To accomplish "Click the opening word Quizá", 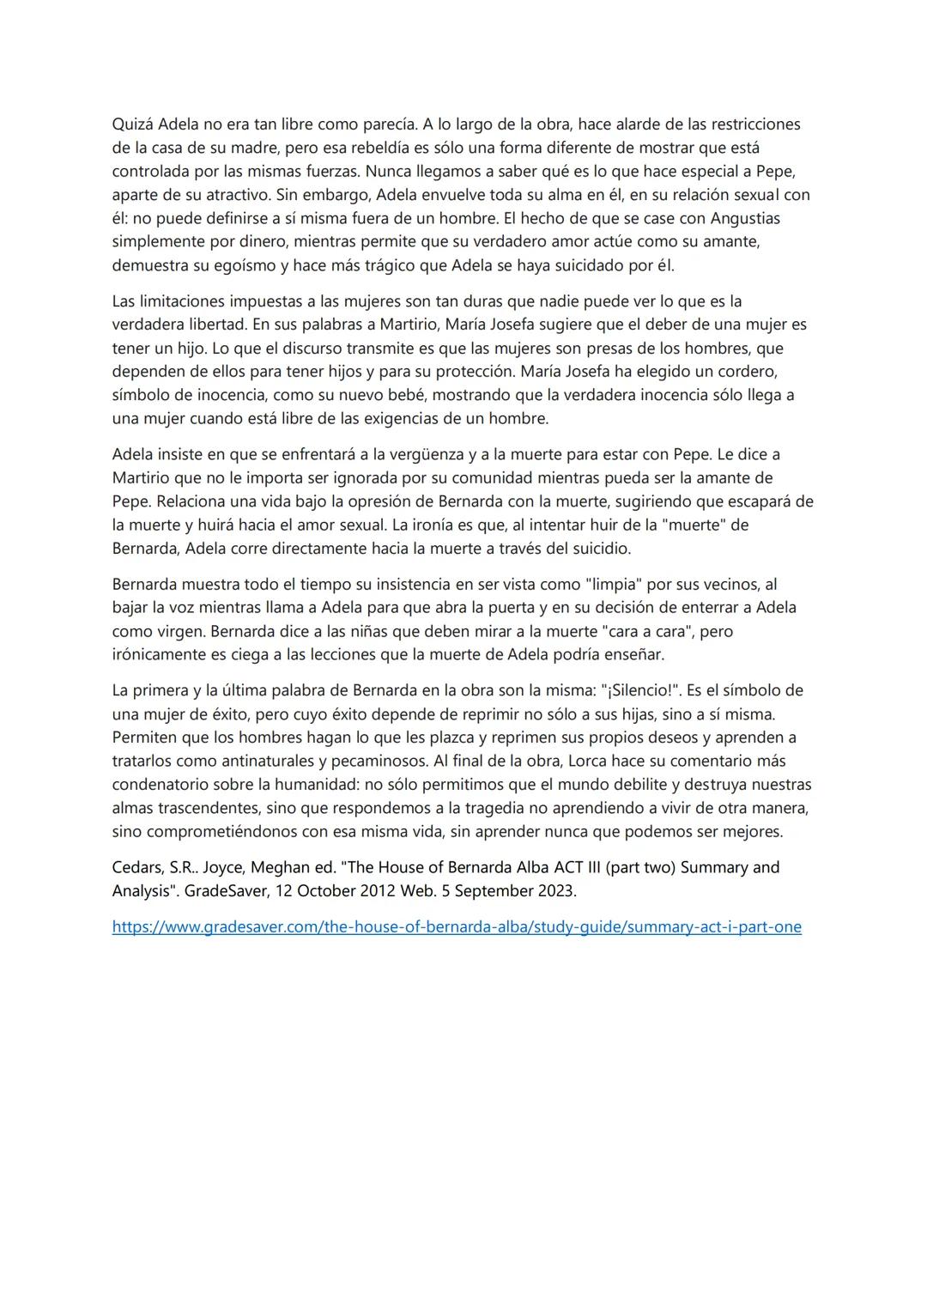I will [x=133, y=124].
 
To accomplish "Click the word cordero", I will [x=749, y=372].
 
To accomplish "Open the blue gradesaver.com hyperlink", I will [x=457, y=927].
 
